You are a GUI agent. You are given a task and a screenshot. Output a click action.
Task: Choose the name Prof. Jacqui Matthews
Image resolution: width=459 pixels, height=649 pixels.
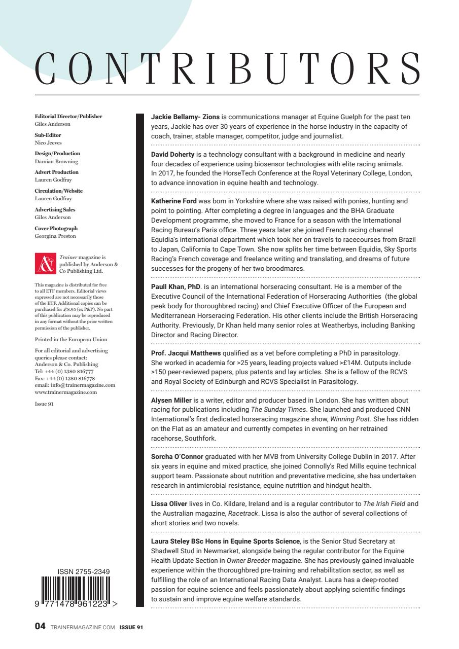pos(186,353)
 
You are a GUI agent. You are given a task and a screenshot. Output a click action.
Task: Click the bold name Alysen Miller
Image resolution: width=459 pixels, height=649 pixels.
pos(171,400)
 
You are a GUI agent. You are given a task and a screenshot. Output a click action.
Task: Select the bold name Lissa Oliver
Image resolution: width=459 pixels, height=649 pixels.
pos(169,503)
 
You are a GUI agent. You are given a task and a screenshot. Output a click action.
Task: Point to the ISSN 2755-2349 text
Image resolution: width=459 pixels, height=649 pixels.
pos(84,572)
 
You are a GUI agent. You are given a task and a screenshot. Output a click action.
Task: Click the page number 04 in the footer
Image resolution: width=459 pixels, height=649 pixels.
pos(40,627)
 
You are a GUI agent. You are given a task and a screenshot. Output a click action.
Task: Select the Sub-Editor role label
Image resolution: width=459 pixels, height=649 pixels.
pos(48,135)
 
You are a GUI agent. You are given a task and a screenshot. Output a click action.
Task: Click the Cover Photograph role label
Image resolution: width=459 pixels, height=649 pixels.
pos(56,229)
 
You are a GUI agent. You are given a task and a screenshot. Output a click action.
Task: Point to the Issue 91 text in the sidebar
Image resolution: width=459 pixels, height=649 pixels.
pos(44,404)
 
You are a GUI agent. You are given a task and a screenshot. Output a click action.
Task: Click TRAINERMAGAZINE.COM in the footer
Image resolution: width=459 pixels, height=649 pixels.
pos(83,627)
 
